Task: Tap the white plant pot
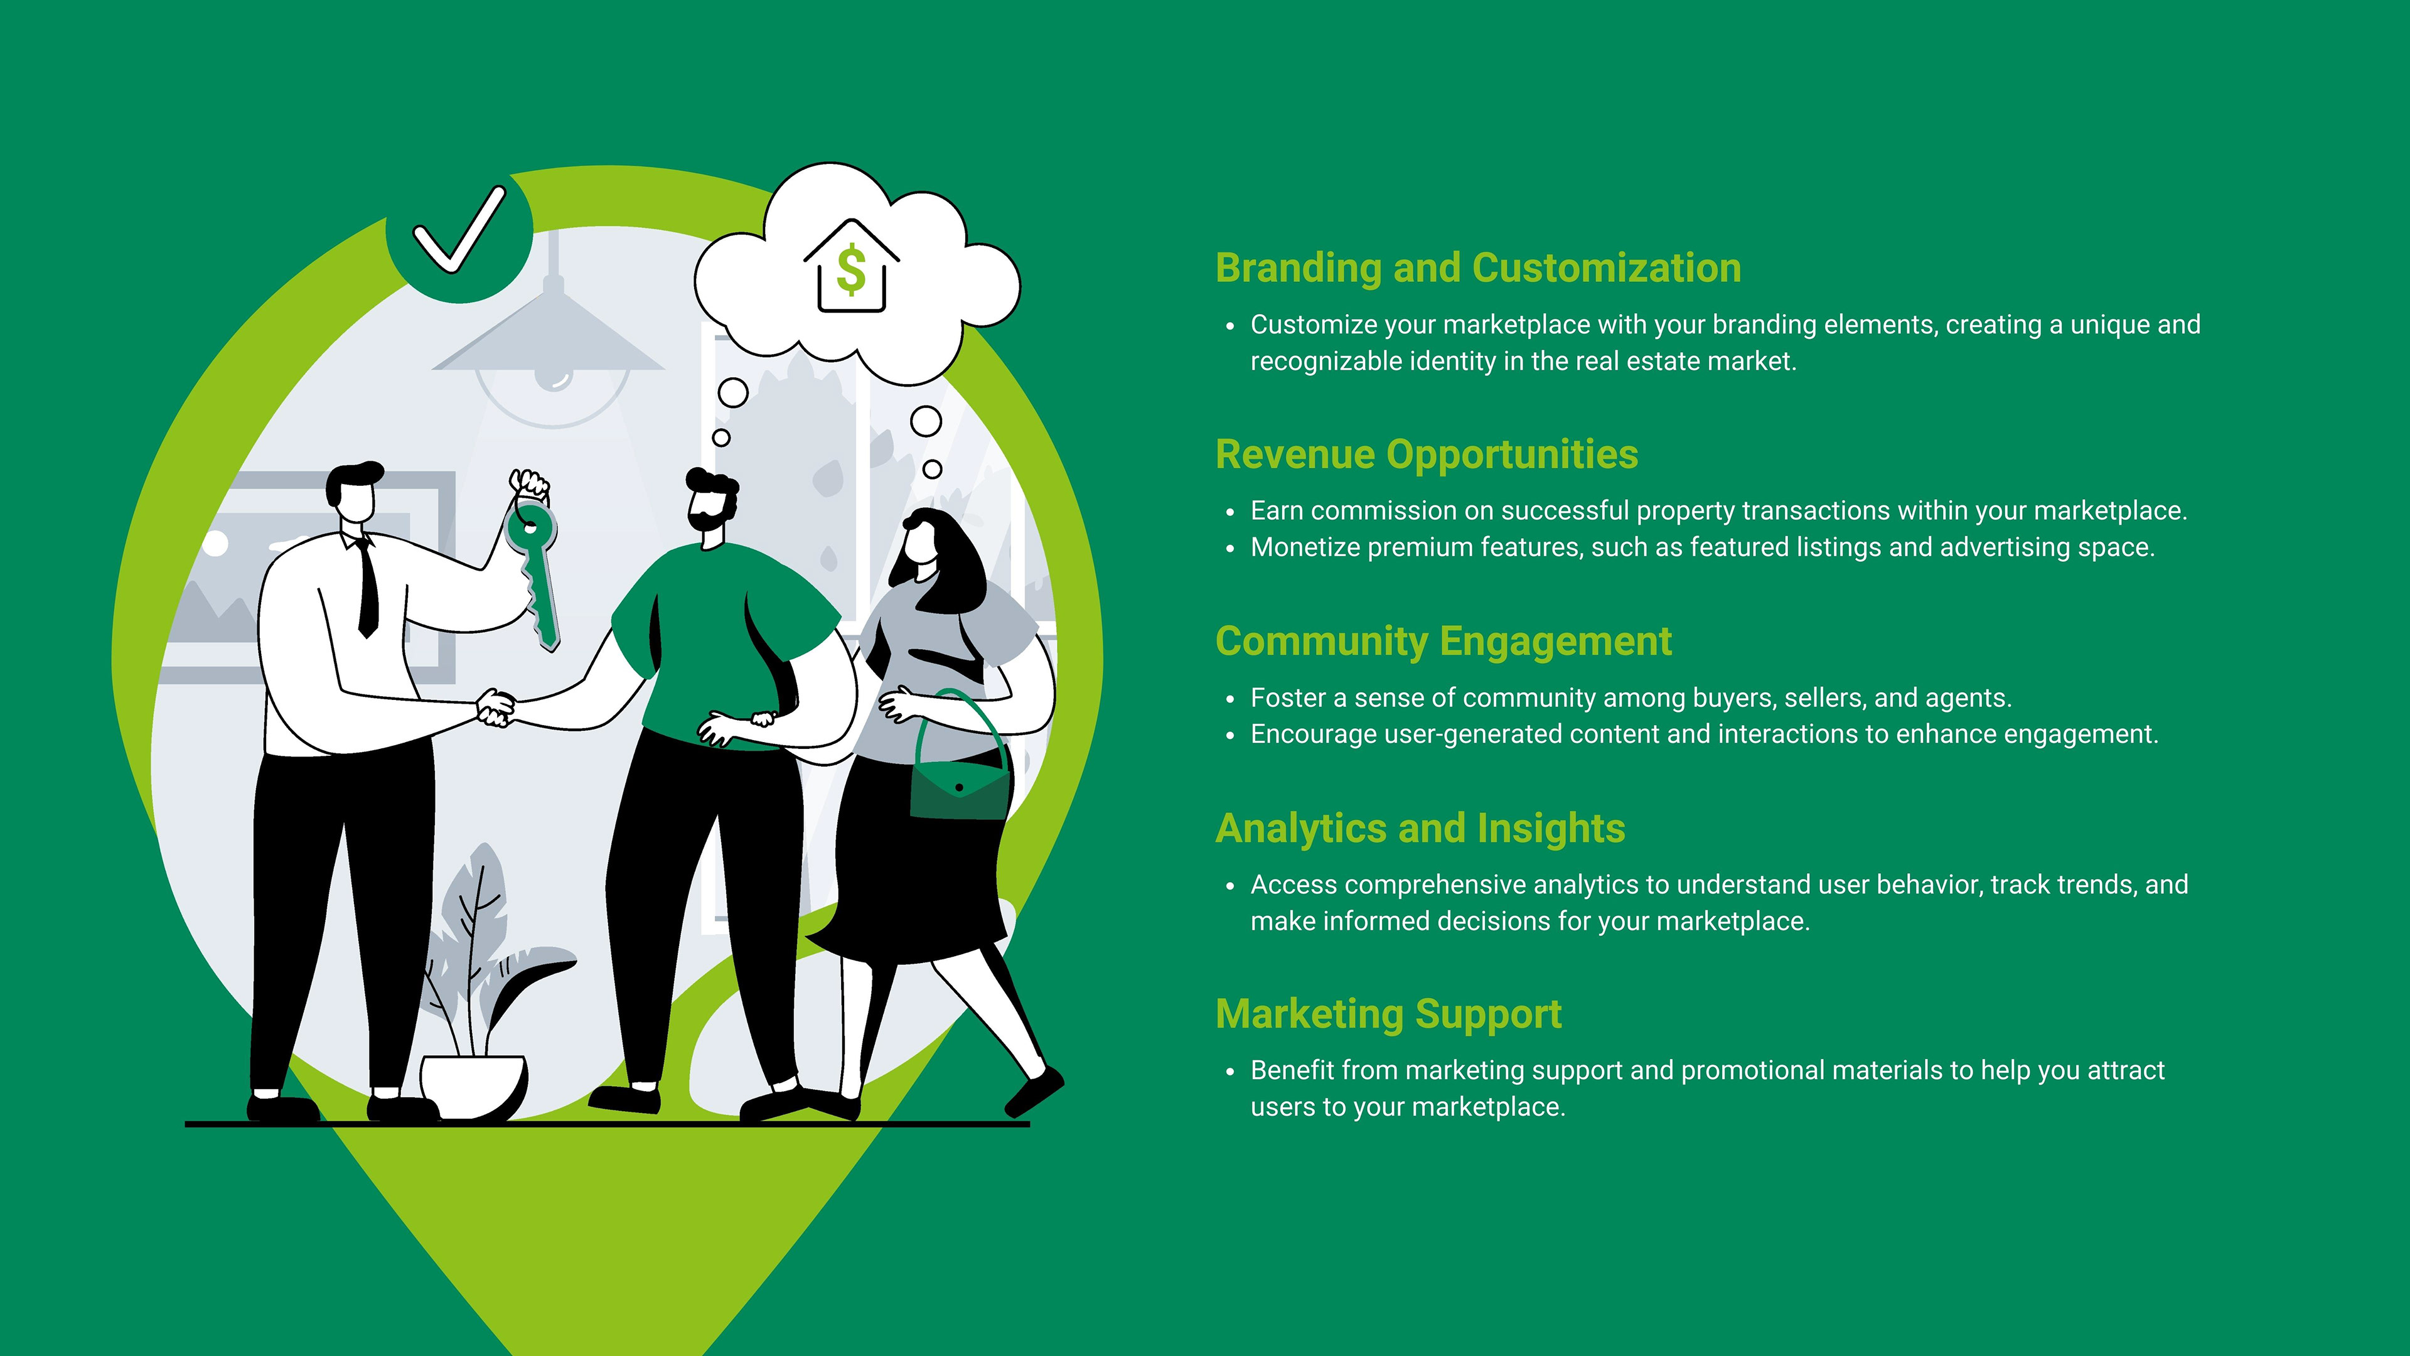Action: pyautogui.click(x=473, y=1085)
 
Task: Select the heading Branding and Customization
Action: pyautogui.click(x=1477, y=267)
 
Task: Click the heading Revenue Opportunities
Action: pyautogui.click(x=1426, y=455)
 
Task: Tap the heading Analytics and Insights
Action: pyautogui.click(x=1419, y=828)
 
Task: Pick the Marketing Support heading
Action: pyautogui.click(x=1388, y=1014)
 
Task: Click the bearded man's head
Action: pyautogui.click(x=712, y=505)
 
